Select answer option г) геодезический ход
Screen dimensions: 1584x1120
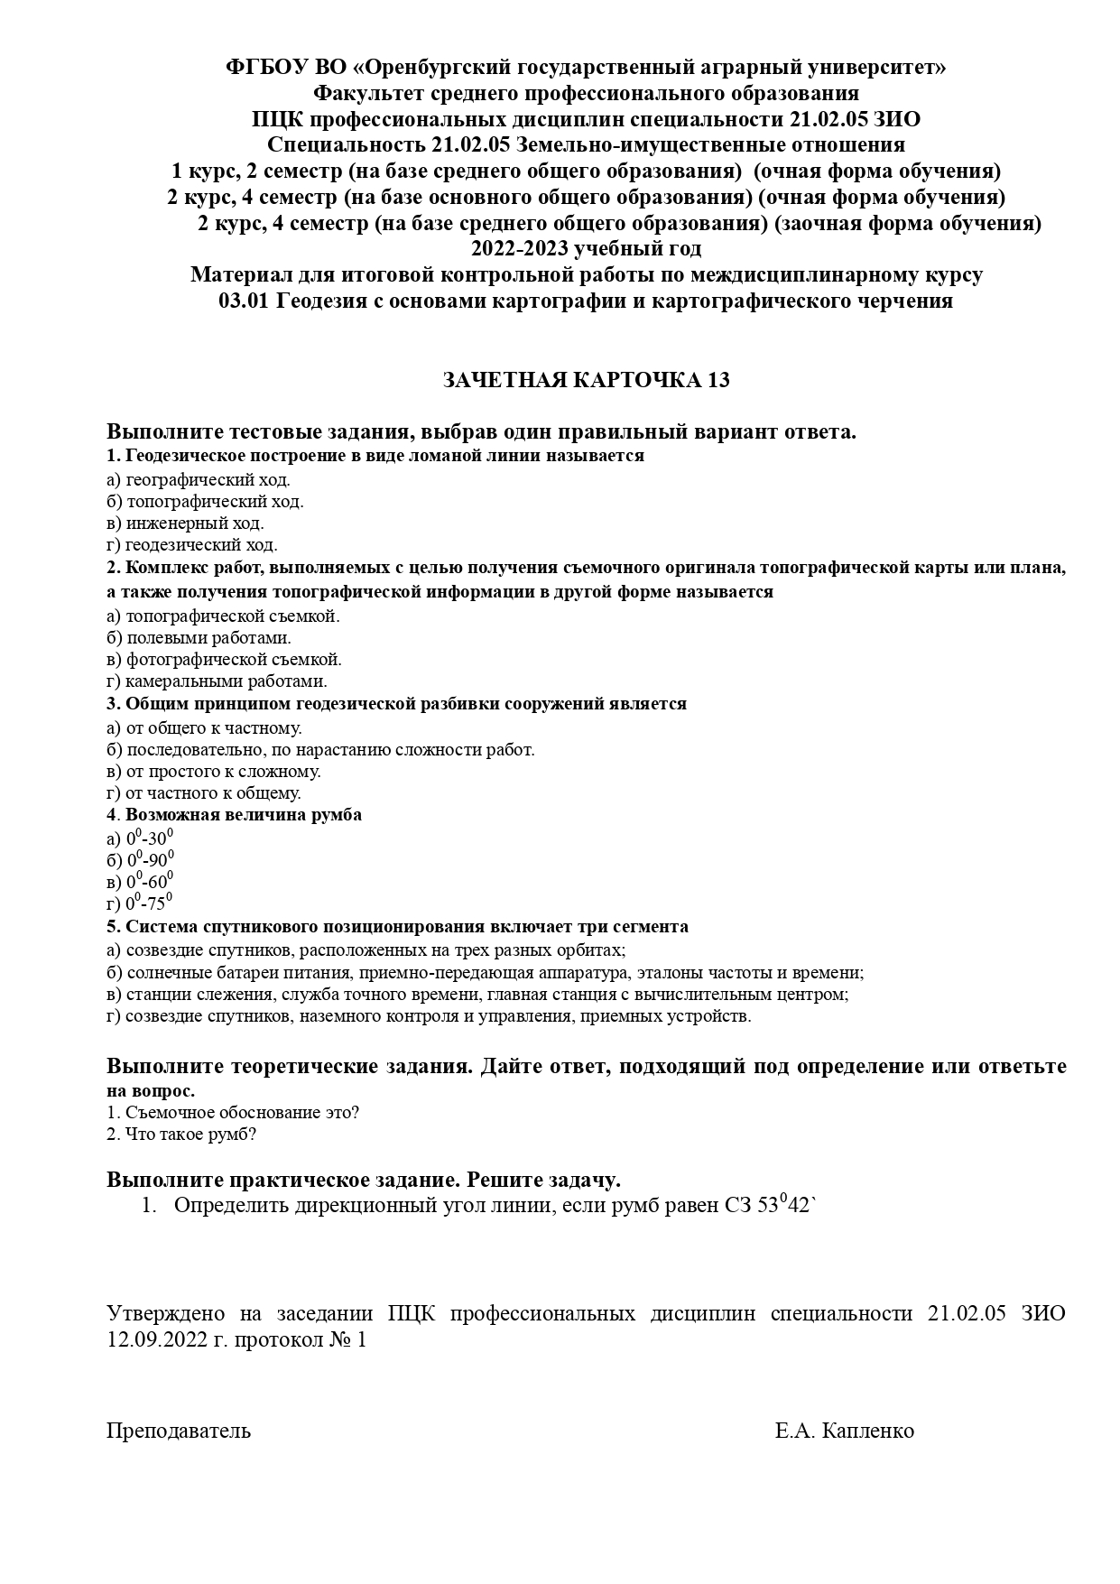tap(191, 545)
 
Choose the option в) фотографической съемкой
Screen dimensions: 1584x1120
tap(224, 660)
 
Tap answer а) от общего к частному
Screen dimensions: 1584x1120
tap(204, 727)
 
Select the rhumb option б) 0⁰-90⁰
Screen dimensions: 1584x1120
tap(140, 859)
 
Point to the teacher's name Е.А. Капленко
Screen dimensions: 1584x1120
tap(844, 1431)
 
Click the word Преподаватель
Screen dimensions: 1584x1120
tap(179, 1431)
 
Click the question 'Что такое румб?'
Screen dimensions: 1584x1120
tap(181, 1135)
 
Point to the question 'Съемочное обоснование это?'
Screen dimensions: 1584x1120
tap(233, 1113)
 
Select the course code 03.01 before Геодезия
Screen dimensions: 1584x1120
tap(244, 301)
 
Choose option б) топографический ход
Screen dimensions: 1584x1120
tap(205, 502)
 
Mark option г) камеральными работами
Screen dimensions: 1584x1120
tap(217, 681)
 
